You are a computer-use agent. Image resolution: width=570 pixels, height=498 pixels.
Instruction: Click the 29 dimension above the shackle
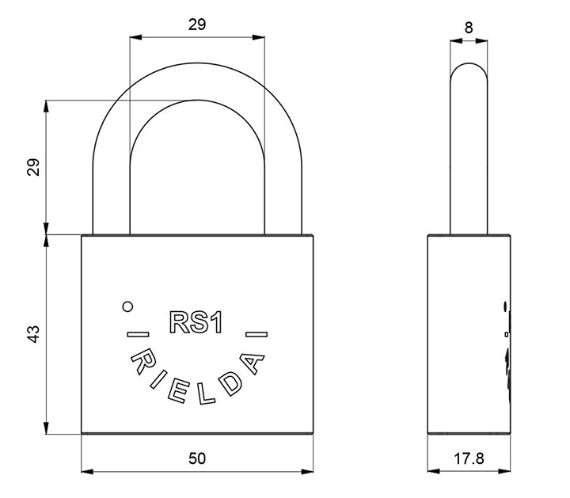pyautogui.click(x=197, y=25)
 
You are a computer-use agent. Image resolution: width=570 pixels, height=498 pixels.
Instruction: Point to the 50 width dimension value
pyautogui.click(x=197, y=458)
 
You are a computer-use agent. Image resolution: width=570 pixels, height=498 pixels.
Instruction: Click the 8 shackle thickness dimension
pyautogui.click(x=469, y=28)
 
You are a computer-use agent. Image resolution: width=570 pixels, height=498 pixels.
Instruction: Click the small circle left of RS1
pyautogui.click(x=127, y=306)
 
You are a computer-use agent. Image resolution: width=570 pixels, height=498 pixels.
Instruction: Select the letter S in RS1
pyautogui.click(x=198, y=320)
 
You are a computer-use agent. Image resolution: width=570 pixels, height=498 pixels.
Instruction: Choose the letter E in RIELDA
pyautogui.click(x=177, y=390)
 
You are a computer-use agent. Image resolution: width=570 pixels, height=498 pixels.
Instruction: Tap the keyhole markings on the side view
pyautogui.click(x=505, y=348)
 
